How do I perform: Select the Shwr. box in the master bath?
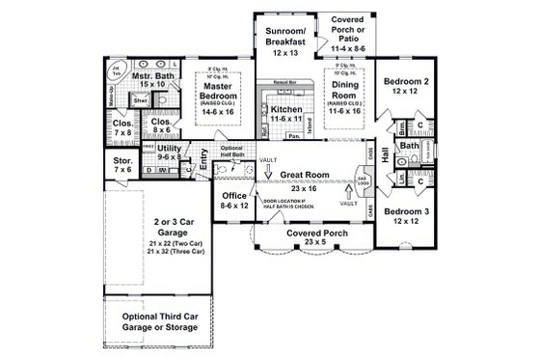[140, 100]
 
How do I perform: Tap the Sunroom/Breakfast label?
[283, 37]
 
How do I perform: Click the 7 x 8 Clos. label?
[122, 128]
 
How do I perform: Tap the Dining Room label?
[342, 92]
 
